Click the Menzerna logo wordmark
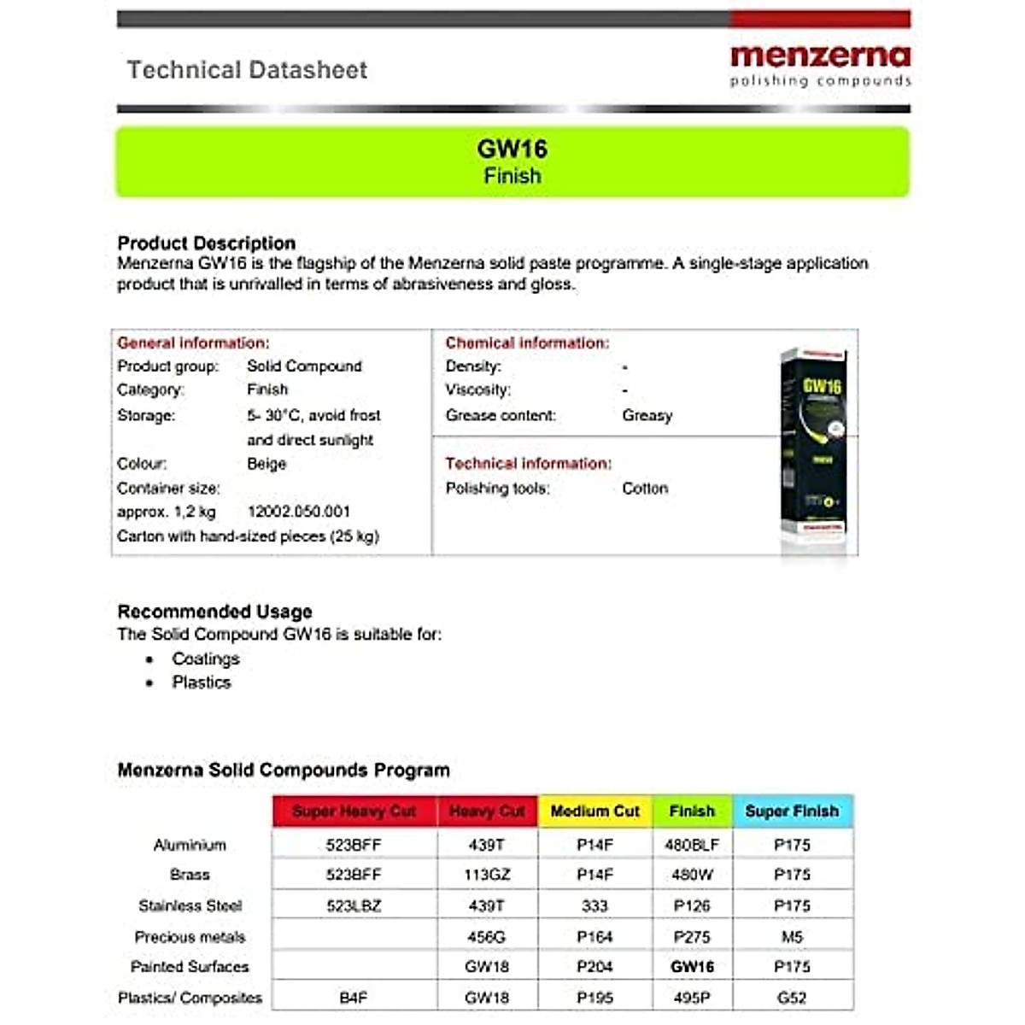pyautogui.click(x=820, y=56)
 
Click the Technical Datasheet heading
pyautogui.click(x=247, y=70)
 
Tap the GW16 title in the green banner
pyautogui.click(x=512, y=149)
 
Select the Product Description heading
pyautogui.click(x=207, y=243)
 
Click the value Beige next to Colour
pyautogui.click(x=266, y=464)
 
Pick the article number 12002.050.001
pyautogui.click(x=299, y=512)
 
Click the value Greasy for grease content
pyautogui.click(x=647, y=416)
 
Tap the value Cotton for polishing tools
pyautogui.click(x=645, y=489)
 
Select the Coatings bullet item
pyautogui.click(x=206, y=659)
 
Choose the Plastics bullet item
pyautogui.click(x=202, y=682)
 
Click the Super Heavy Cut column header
pyautogui.click(x=354, y=811)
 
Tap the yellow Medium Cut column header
pyautogui.click(x=594, y=811)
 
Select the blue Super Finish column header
pyautogui.click(x=792, y=811)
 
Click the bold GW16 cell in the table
pyautogui.click(x=692, y=967)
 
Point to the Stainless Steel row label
pyautogui.click(x=190, y=905)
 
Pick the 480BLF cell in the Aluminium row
pyautogui.click(x=692, y=845)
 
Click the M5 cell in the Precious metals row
pyautogui.click(x=792, y=937)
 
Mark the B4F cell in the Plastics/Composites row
pyautogui.click(x=354, y=998)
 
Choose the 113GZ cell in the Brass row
pyautogui.click(x=487, y=875)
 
